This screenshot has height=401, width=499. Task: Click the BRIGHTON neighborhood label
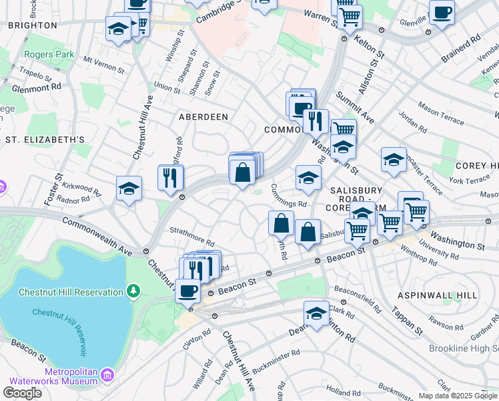(x=32, y=25)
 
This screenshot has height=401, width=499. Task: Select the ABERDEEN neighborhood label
(x=203, y=116)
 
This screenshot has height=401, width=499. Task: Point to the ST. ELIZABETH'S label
(x=45, y=140)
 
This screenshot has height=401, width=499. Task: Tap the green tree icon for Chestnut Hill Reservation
(x=134, y=291)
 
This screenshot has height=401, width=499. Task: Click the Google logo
(x=22, y=392)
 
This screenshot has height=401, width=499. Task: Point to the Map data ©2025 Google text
(x=458, y=396)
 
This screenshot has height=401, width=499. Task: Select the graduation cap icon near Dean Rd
(x=316, y=313)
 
